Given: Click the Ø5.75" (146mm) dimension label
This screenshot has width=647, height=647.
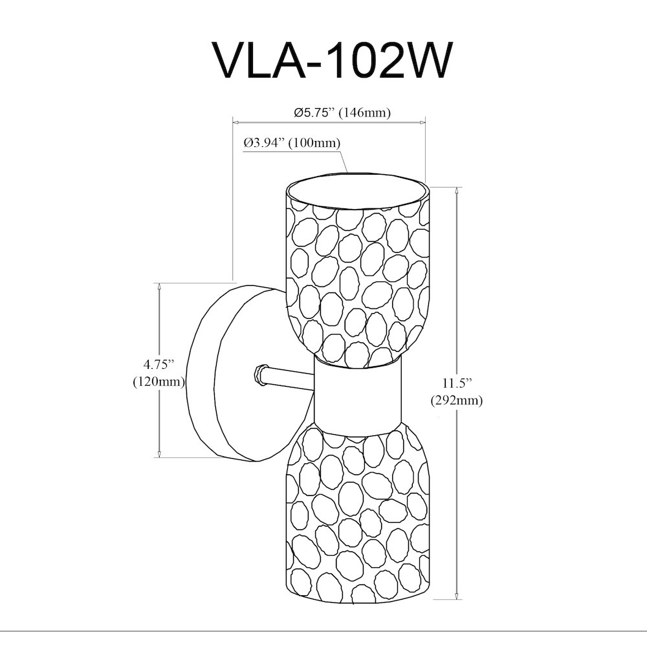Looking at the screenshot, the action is (342, 112).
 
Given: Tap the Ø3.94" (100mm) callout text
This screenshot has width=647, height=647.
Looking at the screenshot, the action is (292, 143).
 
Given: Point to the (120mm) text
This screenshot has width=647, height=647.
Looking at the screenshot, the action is (159, 382).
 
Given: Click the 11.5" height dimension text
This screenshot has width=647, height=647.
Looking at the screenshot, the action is (457, 383).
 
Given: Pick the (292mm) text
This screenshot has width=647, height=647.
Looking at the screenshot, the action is (456, 400).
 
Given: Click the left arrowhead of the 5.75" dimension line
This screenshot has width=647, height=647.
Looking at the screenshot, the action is (236, 122).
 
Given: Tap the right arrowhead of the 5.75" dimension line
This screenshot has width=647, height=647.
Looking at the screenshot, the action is (422, 122).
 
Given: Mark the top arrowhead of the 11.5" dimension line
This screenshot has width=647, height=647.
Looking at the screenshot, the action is (457, 191).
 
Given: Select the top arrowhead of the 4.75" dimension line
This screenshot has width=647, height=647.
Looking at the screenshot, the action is (159, 287).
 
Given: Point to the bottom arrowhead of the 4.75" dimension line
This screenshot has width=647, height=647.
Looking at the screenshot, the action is (159, 454).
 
